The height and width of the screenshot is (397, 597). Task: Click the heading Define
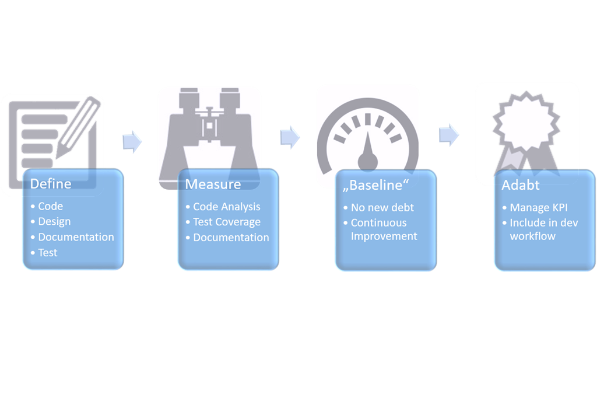pos(51,184)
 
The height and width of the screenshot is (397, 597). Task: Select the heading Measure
pos(213,184)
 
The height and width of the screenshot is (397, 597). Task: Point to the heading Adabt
pos(521,185)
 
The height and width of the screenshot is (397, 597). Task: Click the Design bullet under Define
pos(54,221)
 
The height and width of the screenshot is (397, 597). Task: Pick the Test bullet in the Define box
pos(48,252)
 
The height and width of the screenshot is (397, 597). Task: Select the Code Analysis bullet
pos(227,207)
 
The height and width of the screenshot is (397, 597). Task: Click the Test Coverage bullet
pos(227,222)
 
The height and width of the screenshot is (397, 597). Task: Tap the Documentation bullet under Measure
pos(231,238)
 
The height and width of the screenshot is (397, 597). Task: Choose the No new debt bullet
pos(382,207)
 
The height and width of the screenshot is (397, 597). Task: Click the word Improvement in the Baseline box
pos(384,236)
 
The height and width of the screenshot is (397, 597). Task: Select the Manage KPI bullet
pos(539,207)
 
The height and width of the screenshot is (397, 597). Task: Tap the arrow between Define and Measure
pos(132,142)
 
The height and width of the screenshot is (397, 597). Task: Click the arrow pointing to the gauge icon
pos(290,137)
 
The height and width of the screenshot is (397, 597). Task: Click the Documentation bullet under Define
pos(76,237)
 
